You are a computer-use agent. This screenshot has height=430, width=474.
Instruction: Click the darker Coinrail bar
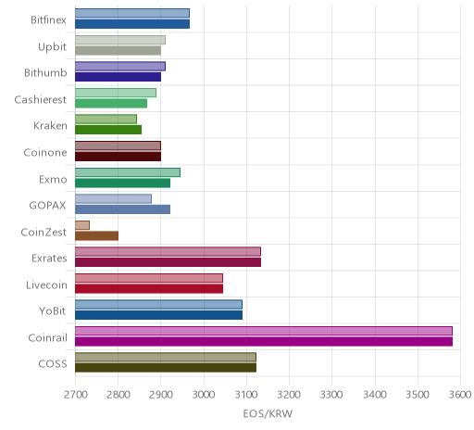264,341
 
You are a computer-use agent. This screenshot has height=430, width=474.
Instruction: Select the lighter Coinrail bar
264,331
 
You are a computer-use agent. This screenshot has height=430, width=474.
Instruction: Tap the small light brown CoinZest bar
82,225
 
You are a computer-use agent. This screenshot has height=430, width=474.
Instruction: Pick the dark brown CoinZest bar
96,235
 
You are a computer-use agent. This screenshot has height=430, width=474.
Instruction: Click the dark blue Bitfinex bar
132,24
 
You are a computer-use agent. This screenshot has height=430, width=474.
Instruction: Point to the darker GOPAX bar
122,209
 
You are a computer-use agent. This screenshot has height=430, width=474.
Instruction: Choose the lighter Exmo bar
128,172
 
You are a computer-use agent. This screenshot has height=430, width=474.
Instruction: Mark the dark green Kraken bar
108,130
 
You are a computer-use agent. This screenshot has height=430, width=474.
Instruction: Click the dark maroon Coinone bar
118,157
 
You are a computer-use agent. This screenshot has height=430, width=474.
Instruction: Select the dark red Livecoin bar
149,288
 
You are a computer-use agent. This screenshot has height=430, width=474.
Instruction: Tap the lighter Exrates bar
168,252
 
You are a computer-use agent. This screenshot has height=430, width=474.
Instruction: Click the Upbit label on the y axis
52,47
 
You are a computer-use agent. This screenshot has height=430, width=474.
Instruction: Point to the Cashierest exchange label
41,99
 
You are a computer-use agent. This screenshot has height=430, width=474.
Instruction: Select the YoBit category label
53,310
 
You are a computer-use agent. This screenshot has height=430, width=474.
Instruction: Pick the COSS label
53,364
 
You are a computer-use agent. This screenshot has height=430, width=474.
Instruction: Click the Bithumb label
45,73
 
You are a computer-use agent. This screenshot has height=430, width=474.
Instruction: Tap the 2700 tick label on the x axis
75,395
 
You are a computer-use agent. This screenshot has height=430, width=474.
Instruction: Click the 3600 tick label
460,395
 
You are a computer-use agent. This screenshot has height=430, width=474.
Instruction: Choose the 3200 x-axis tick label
289,395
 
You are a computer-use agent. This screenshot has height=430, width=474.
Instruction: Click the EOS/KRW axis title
268,413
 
